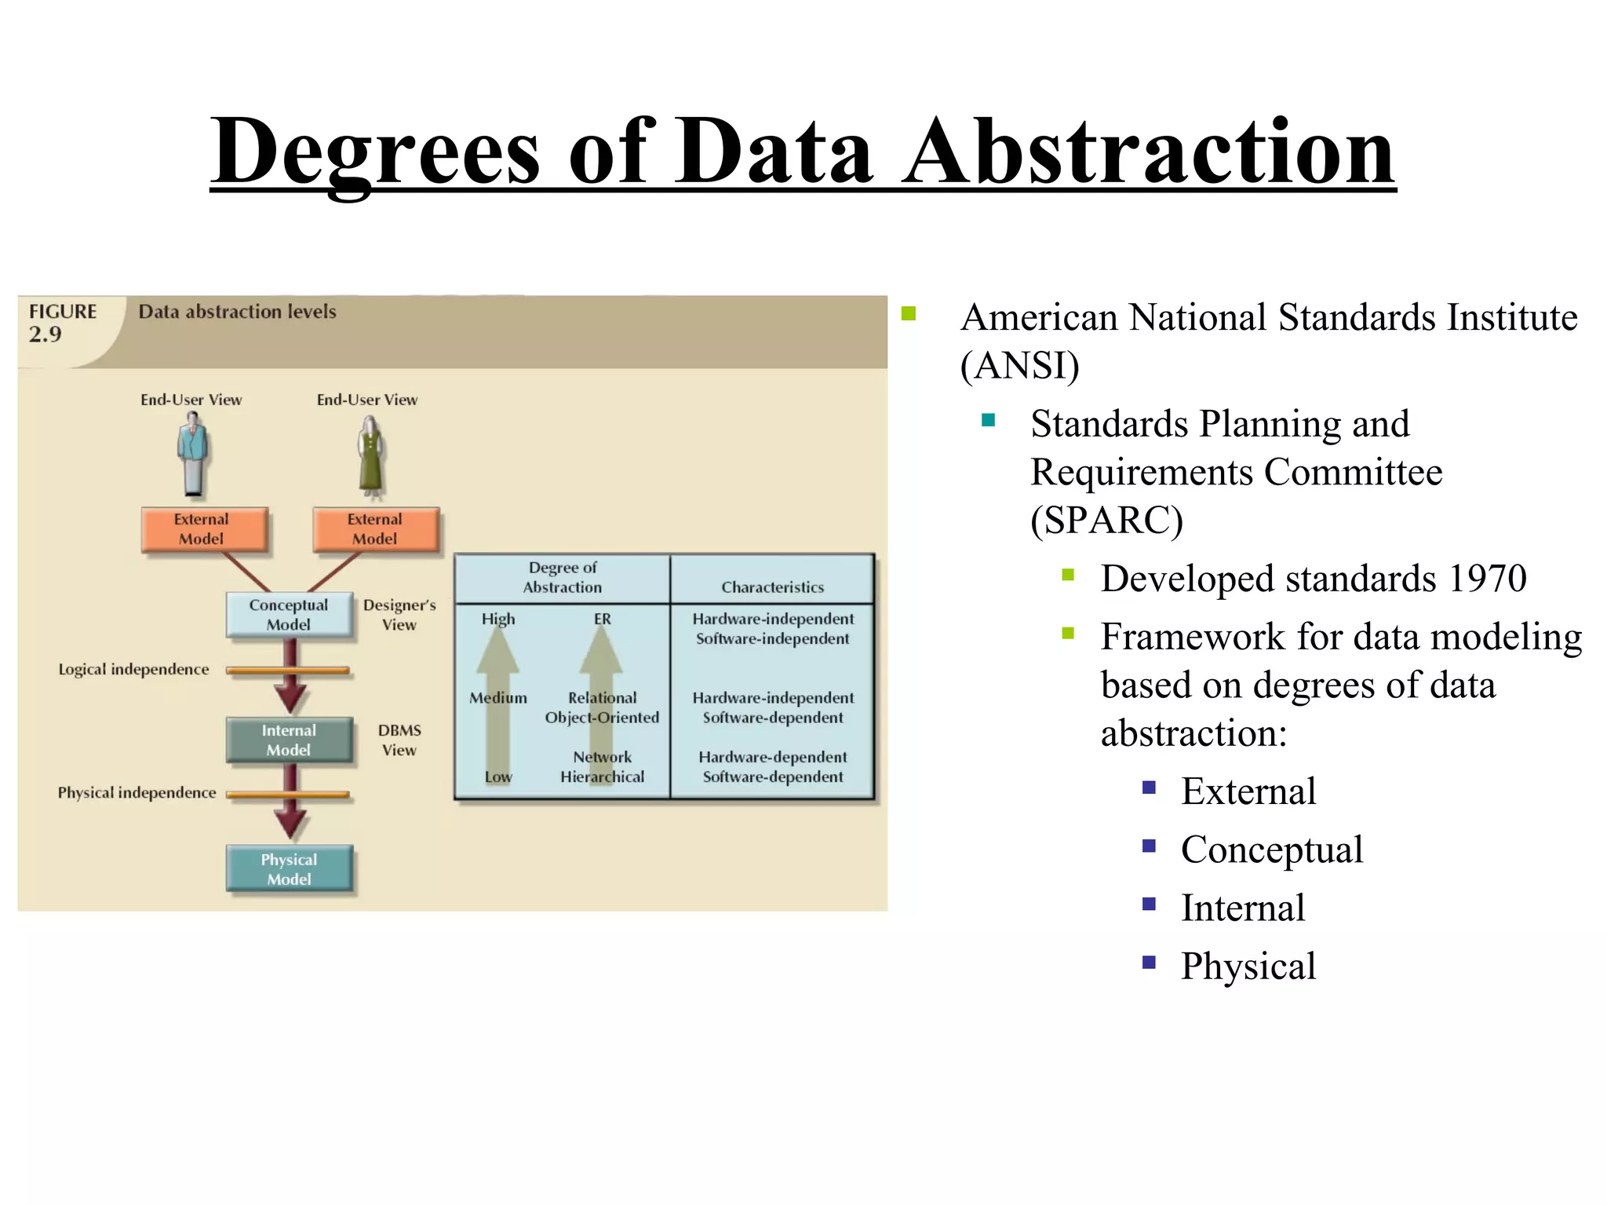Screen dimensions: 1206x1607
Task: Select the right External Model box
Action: (x=375, y=529)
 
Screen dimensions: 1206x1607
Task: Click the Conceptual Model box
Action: (x=289, y=615)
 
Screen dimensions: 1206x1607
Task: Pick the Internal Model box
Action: (x=289, y=740)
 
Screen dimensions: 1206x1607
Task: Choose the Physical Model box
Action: (x=289, y=869)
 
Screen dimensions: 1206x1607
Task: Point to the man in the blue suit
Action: (x=193, y=455)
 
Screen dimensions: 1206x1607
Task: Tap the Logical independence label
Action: (x=133, y=670)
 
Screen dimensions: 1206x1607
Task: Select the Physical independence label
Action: (x=137, y=793)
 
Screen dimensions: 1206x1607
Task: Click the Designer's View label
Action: (x=399, y=615)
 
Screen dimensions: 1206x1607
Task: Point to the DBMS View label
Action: (x=399, y=740)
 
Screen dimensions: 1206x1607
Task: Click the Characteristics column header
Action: (x=772, y=587)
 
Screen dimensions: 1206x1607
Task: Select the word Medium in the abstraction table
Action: (x=498, y=698)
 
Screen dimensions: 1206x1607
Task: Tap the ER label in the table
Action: (x=602, y=619)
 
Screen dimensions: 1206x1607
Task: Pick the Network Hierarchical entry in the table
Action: (x=602, y=767)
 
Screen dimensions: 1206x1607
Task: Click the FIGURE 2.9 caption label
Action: (x=62, y=323)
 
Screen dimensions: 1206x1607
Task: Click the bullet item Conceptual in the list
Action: (x=1271, y=850)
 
